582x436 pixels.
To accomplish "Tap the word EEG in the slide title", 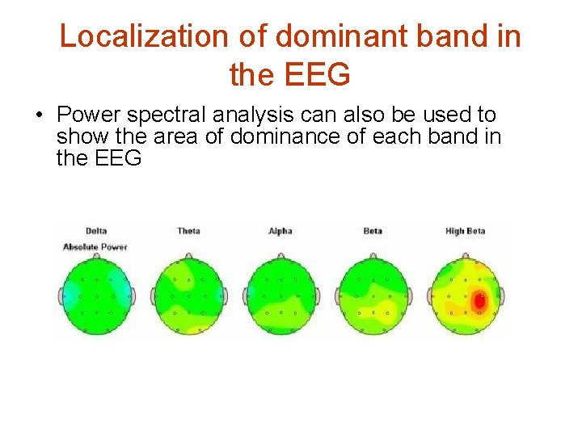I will [319, 74].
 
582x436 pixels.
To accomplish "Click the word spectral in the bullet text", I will [169, 115].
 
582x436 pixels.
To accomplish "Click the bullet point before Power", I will [39, 115].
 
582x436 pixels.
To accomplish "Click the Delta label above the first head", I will [95, 231].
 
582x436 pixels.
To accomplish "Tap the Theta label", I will [188, 231].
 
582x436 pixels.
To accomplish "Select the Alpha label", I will [280, 231].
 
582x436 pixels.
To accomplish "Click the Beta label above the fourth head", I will [373, 231].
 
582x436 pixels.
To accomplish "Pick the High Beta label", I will [465, 231].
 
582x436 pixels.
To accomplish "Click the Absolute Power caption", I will [95, 246].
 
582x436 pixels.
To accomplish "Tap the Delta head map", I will [96, 295].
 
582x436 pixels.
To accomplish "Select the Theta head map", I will [188, 295].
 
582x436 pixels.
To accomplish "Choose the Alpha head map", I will [280, 295].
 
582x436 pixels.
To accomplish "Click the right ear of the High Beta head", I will [501, 296].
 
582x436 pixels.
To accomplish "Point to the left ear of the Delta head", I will [61, 296].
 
